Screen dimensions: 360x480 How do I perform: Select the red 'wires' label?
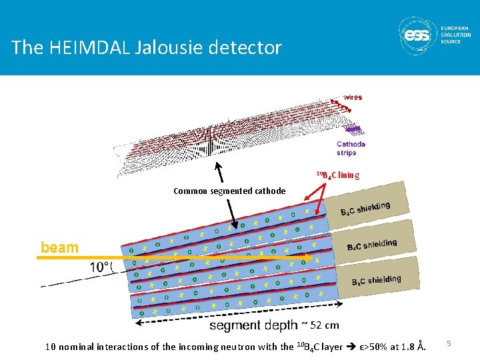[x=351, y=97]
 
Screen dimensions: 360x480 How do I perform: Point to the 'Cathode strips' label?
[x=351, y=148]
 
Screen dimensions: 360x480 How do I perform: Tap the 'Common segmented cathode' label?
[x=229, y=191]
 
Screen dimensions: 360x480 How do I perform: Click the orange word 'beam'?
[x=59, y=247]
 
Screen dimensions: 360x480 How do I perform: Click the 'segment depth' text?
[x=253, y=326]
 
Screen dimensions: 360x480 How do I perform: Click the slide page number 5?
[x=449, y=343]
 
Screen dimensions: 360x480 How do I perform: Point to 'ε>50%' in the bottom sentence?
[x=377, y=347]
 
